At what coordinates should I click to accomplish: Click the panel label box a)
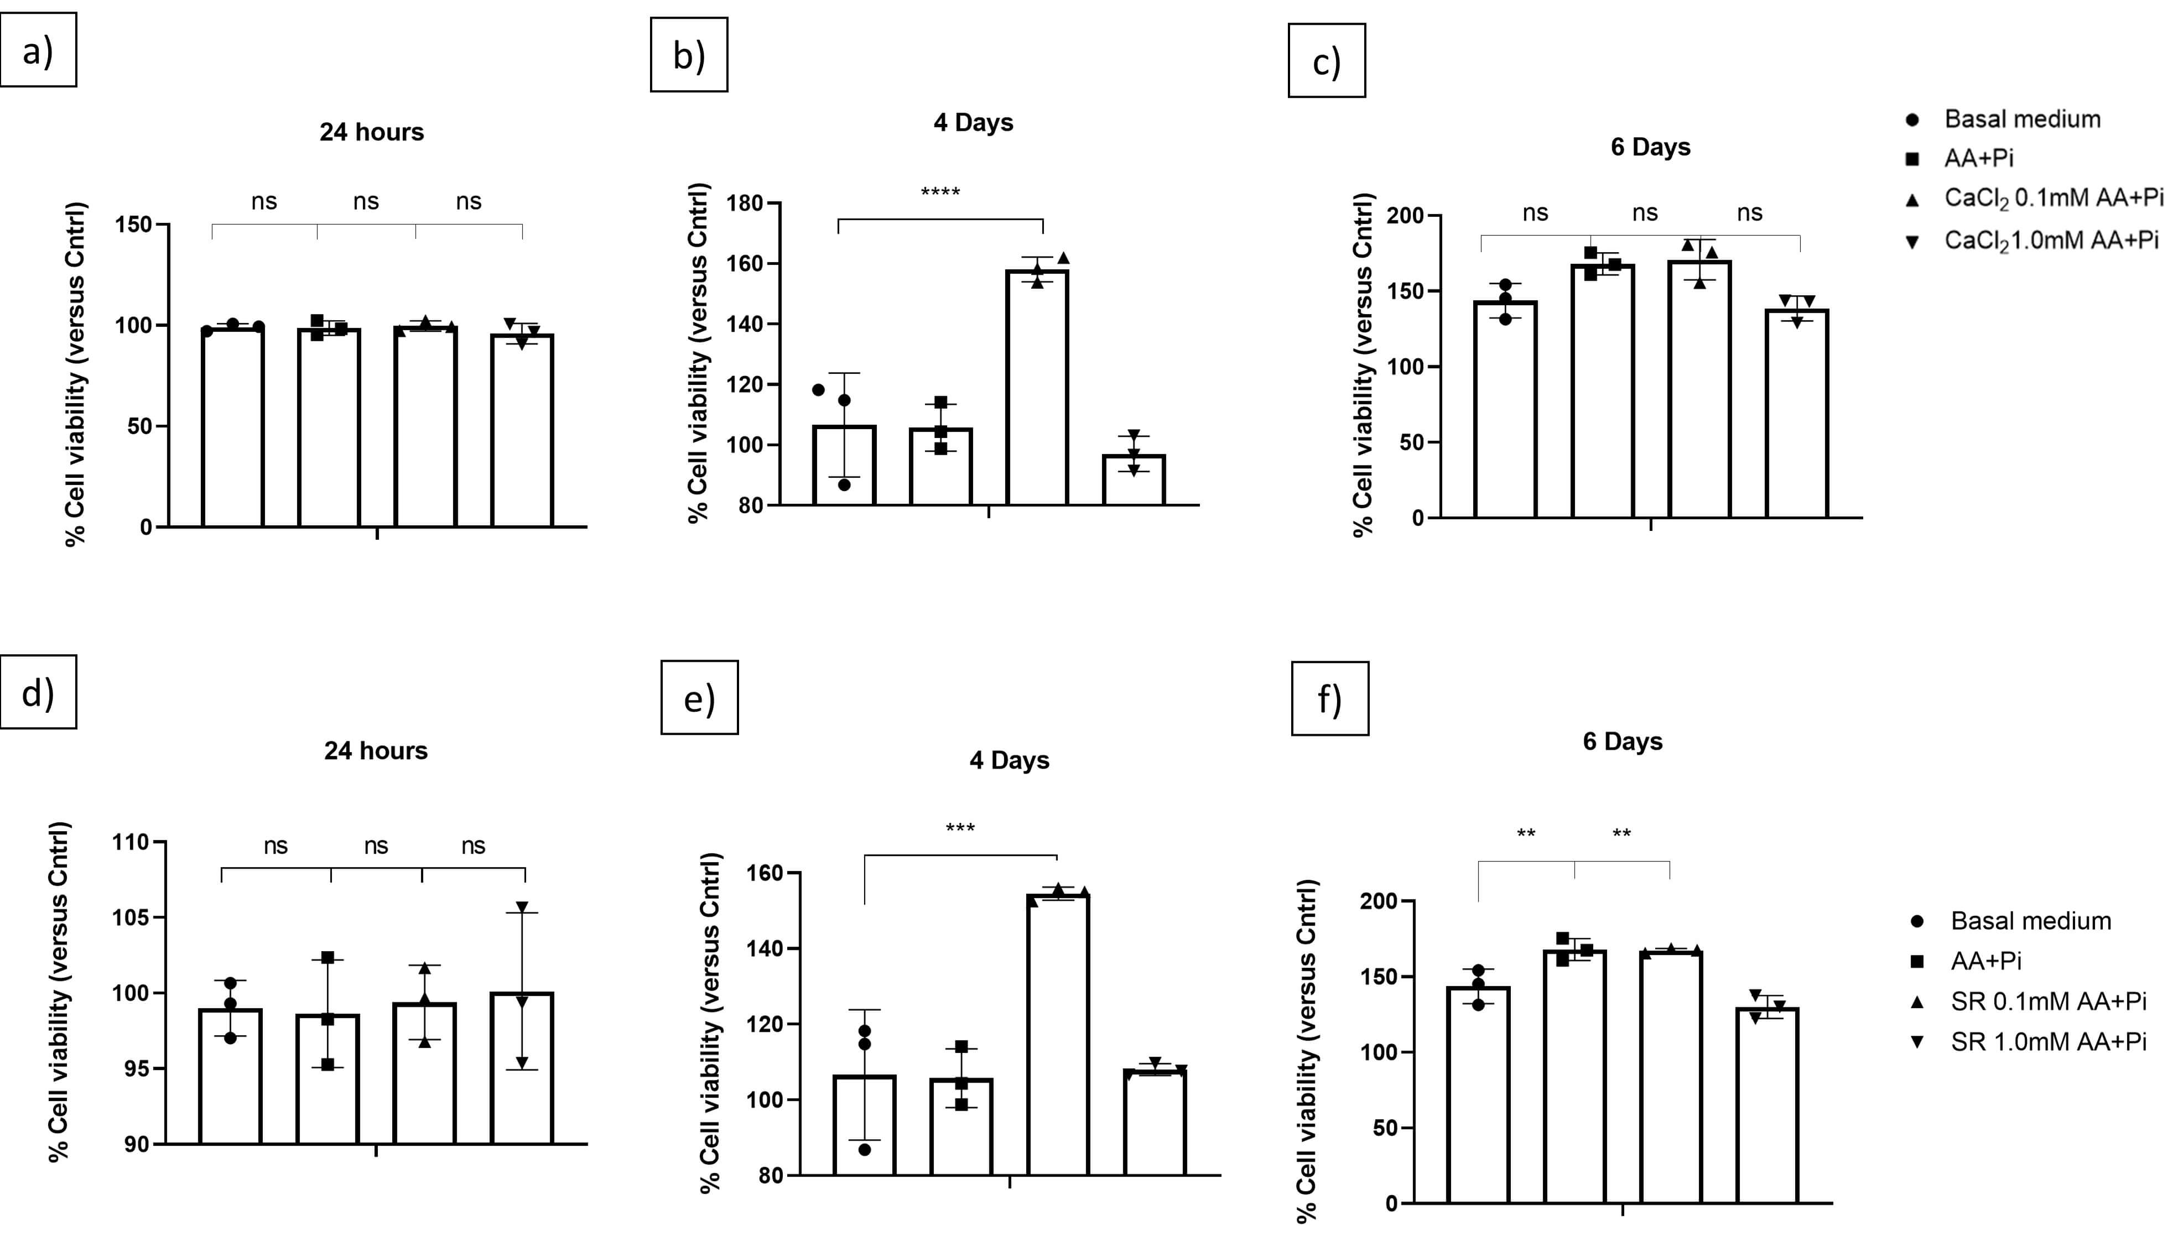click(38, 49)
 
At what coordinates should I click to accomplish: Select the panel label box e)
click(699, 697)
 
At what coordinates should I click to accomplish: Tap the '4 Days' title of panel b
click(973, 122)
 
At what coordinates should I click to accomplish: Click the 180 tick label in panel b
click(745, 204)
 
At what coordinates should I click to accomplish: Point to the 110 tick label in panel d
click(131, 843)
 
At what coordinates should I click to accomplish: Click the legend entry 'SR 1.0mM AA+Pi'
click(2048, 1042)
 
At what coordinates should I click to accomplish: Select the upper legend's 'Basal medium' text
click(2022, 119)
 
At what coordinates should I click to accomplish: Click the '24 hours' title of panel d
click(376, 751)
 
